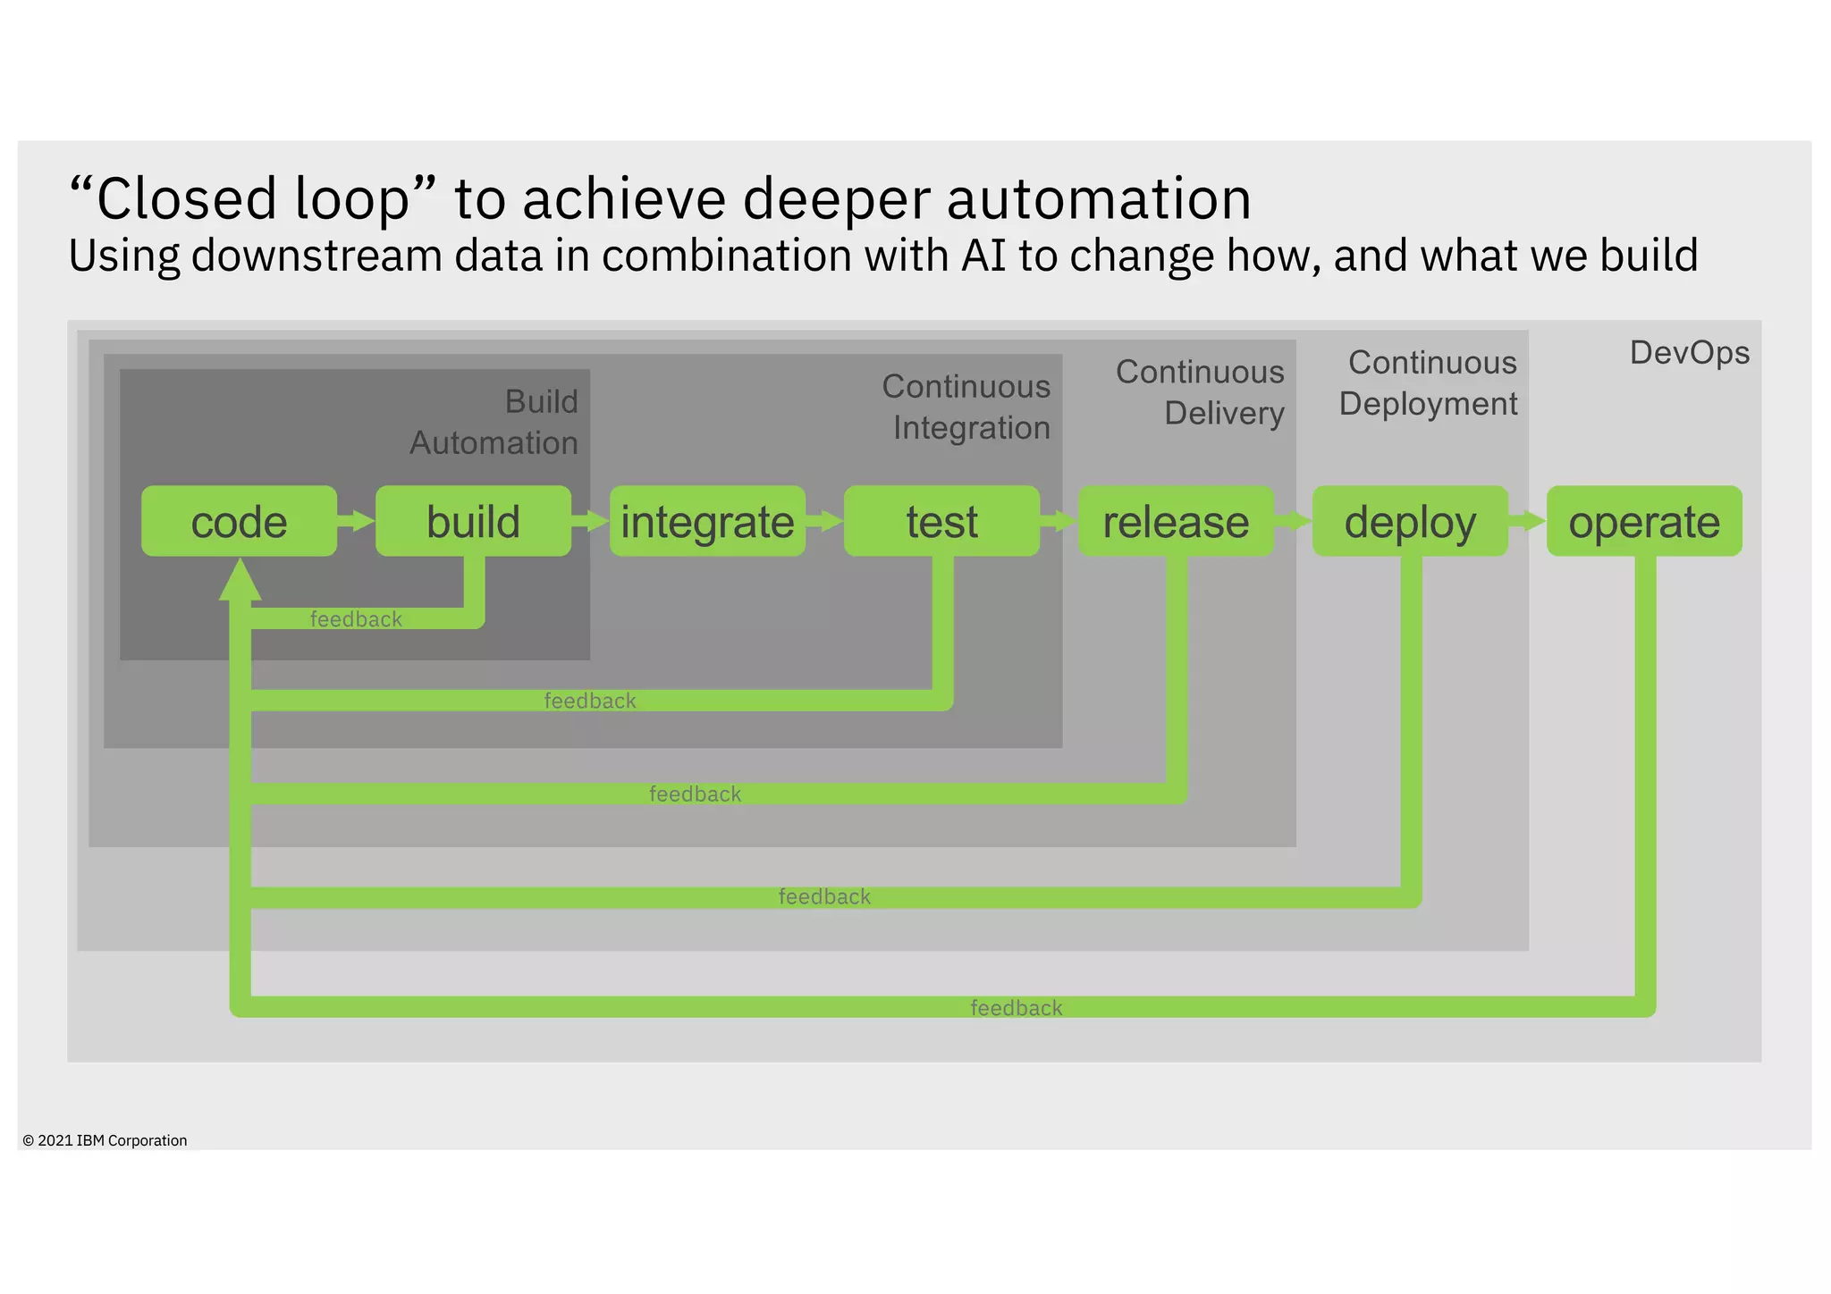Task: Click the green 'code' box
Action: tap(239, 521)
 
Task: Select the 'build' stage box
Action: tap(473, 521)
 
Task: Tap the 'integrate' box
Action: tap(707, 521)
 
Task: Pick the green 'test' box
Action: tap(941, 521)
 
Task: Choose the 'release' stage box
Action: tap(1176, 521)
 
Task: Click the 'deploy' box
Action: tap(1410, 521)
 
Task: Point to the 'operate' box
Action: tap(1644, 521)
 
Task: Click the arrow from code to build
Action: tap(357, 521)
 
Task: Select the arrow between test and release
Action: tap(1059, 521)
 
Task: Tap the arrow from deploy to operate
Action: tap(1528, 521)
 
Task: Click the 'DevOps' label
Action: tap(1689, 353)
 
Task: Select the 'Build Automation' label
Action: tap(494, 422)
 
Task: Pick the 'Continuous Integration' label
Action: tap(966, 407)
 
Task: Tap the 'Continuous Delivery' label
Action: tap(1200, 392)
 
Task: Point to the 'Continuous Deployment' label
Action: tap(1429, 382)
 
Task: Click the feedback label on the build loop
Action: tap(356, 619)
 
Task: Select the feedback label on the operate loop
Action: tap(1017, 1008)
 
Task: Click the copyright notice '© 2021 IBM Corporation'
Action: tap(105, 1140)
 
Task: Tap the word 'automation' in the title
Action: tap(1099, 198)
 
